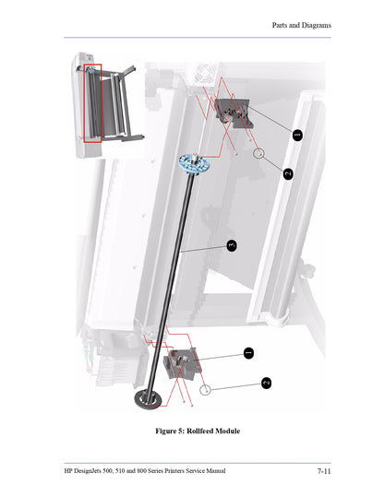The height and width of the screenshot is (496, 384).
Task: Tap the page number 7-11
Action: coord(324,471)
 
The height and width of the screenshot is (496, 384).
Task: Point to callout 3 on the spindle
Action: coord(233,245)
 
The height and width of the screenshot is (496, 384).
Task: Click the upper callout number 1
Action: coord(297,135)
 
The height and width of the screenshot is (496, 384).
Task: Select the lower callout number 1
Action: coord(248,352)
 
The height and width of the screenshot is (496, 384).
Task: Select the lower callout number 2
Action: coord(266,383)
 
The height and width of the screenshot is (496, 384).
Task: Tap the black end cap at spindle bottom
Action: coord(148,398)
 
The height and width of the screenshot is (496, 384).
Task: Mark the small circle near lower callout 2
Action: coord(209,390)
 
